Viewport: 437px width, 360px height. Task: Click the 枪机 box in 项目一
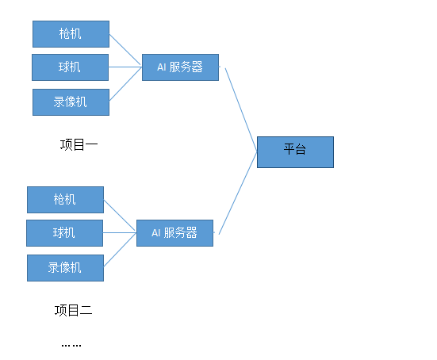(71, 34)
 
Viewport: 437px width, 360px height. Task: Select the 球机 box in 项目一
(70, 67)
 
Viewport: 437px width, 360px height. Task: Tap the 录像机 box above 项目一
(71, 102)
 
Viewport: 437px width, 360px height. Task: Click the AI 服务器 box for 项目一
(180, 67)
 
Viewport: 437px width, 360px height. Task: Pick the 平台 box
(295, 151)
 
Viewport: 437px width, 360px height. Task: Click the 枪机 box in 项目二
(65, 200)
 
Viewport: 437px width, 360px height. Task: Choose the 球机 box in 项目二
(64, 233)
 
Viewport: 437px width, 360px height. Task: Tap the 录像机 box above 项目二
(65, 267)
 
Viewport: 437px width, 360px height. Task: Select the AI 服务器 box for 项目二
(174, 233)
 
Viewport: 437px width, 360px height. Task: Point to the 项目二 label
(74, 310)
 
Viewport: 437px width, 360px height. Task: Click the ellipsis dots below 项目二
(71, 345)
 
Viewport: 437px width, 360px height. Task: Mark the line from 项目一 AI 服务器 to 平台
(240, 109)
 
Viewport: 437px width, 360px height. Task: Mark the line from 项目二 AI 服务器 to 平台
(237, 192)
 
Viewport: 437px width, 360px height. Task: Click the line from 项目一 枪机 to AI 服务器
(125, 51)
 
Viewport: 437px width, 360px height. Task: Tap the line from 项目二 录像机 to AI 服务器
(120, 250)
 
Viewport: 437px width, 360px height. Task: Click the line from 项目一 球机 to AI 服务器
(125, 67)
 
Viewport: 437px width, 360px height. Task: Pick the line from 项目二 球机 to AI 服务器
(120, 233)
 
